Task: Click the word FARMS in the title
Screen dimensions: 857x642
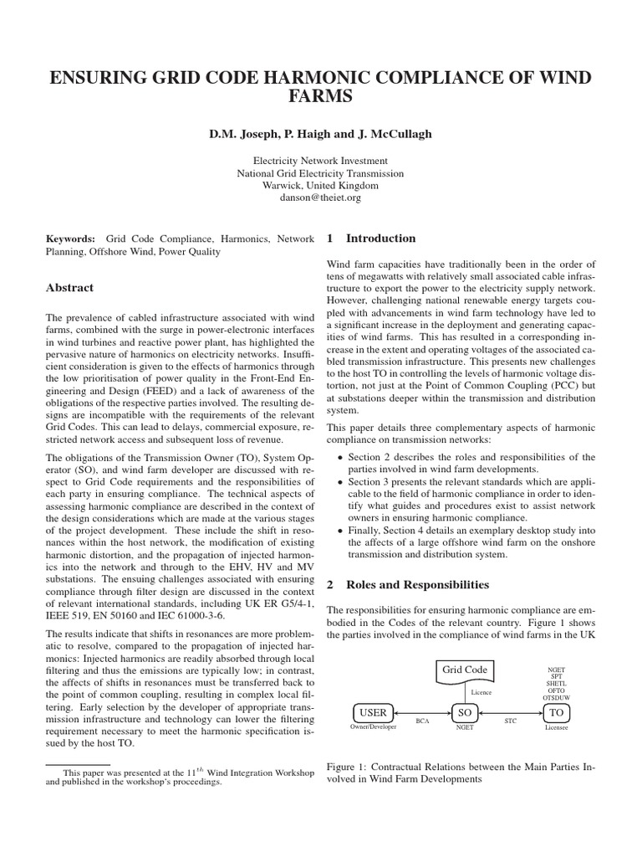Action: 320,98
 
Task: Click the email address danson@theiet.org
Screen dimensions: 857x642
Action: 321,198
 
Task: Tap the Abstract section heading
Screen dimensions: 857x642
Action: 69,288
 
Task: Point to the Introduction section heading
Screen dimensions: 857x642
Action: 381,239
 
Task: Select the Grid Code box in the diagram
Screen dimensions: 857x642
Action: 463,670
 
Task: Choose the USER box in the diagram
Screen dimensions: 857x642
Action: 373,712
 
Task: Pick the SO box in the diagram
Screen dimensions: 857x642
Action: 465,712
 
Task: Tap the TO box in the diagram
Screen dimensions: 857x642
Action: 555,712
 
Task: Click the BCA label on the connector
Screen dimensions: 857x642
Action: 422,719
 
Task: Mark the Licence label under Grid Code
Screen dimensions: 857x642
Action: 482,692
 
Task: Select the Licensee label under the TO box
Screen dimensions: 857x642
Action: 556,728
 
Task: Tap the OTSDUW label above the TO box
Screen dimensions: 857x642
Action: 555,696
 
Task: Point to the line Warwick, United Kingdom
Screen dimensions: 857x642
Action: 321,186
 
